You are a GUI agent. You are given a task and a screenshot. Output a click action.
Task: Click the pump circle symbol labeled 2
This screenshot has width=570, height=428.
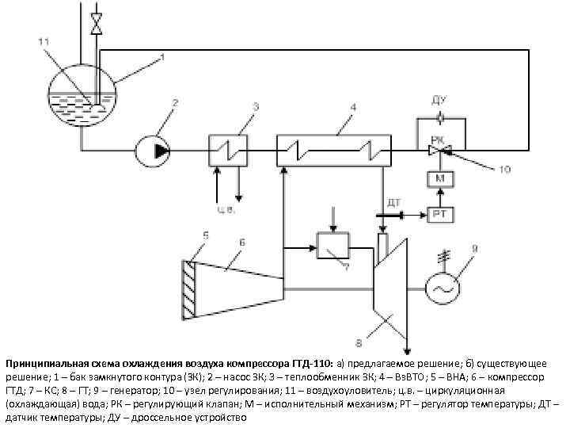click(x=151, y=148)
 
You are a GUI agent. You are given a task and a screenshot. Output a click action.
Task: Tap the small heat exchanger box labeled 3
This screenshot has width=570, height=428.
click(x=229, y=148)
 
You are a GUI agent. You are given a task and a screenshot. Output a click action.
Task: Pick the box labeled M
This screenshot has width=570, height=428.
click(x=440, y=180)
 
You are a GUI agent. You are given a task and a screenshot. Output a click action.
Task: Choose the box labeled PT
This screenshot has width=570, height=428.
click(x=440, y=214)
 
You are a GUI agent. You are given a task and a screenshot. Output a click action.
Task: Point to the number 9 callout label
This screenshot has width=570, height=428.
click(x=475, y=249)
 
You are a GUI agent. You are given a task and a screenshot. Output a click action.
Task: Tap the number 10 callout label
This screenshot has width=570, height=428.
click(x=505, y=168)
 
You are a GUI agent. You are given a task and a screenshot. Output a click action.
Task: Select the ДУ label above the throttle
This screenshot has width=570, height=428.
click(x=440, y=101)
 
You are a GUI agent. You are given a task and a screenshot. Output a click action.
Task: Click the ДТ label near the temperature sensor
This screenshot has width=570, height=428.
click(x=393, y=203)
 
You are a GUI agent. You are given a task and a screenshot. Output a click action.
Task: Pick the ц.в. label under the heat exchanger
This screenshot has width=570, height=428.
click(x=227, y=211)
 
